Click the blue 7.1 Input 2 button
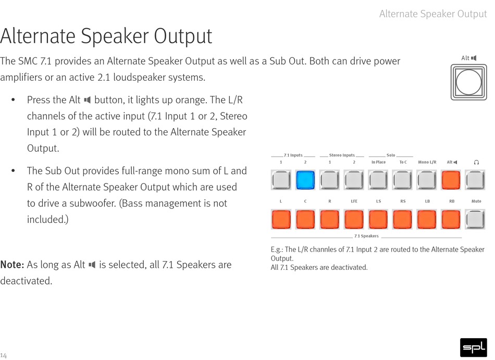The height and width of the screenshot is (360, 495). (x=305, y=180)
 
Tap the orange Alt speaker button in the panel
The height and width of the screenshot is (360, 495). (x=451, y=180)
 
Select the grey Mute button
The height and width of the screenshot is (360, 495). (x=475, y=219)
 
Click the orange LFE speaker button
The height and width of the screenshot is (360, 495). (x=354, y=219)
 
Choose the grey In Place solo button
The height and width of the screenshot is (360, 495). (x=378, y=180)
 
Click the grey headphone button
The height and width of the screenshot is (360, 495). (x=475, y=180)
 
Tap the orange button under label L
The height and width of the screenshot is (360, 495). (x=281, y=219)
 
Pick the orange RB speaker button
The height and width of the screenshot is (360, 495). (x=451, y=219)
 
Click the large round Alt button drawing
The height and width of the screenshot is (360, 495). (x=469, y=82)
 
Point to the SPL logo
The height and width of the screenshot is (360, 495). (x=474, y=347)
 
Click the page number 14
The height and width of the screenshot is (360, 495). (x=3, y=355)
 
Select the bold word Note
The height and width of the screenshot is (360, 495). (x=12, y=265)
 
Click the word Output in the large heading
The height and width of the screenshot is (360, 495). (x=183, y=35)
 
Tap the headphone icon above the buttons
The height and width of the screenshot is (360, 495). (x=476, y=162)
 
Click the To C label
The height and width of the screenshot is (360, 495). (x=403, y=162)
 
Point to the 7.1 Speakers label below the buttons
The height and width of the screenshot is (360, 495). (x=366, y=236)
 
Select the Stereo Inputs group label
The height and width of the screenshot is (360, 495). (x=342, y=155)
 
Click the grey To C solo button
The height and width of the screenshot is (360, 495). (x=402, y=180)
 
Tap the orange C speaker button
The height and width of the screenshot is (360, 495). (x=305, y=219)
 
